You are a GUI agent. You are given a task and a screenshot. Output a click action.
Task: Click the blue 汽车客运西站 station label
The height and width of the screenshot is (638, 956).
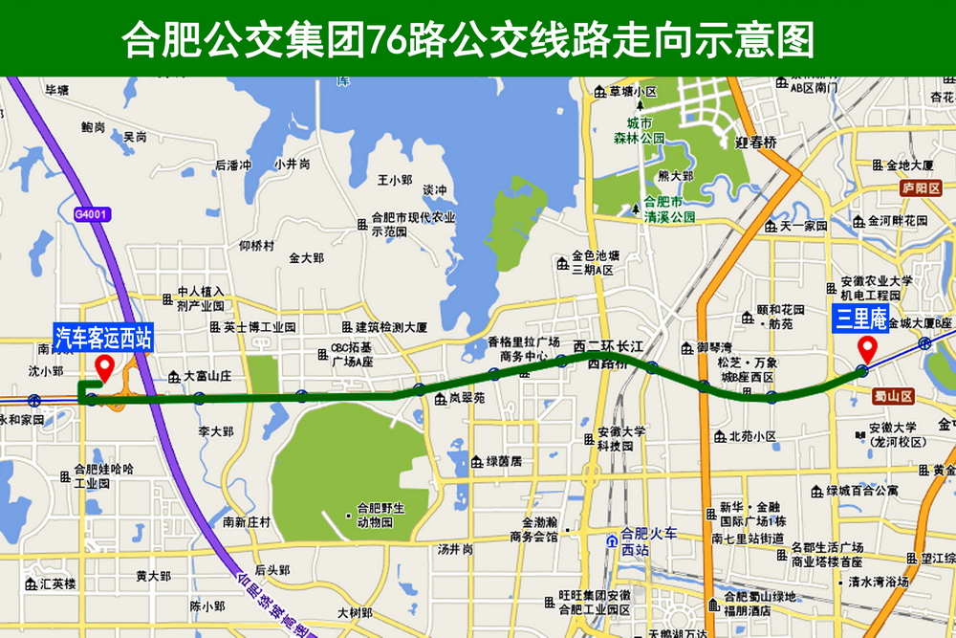coord(102,337)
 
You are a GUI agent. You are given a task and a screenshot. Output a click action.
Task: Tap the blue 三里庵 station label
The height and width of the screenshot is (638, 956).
coord(861,319)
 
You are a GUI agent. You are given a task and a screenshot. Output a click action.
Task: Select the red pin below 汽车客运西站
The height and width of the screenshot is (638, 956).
coord(104,366)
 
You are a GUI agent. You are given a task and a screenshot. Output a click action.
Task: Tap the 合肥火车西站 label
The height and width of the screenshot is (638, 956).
coord(648,540)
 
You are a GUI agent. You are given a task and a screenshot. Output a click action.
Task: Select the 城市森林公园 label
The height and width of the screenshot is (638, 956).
coord(639,131)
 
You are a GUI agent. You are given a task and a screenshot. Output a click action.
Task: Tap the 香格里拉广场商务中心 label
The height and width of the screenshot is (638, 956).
coord(523,349)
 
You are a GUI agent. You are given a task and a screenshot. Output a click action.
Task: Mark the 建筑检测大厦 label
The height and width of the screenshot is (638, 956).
coord(389,326)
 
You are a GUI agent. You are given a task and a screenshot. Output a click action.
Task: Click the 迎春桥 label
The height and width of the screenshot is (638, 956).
coord(756,143)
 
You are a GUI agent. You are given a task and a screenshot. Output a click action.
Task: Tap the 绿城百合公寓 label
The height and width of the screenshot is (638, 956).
coord(861,491)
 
